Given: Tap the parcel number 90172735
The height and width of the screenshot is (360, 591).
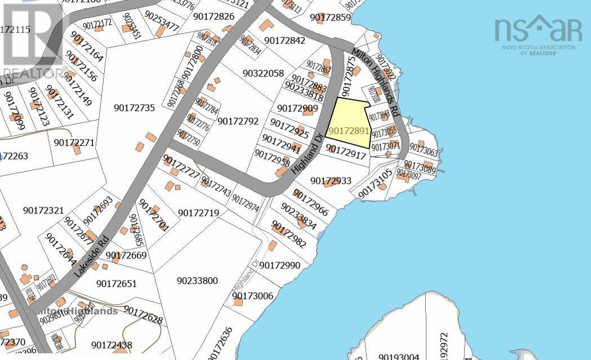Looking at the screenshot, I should (x=134, y=108).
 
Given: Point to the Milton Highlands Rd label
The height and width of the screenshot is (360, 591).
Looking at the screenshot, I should (x=375, y=82).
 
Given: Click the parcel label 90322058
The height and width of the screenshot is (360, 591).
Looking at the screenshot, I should (x=264, y=73).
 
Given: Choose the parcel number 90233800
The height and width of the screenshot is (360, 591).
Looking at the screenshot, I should (x=197, y=281).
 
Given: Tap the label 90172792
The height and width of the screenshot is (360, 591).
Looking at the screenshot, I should (x=238, y=121).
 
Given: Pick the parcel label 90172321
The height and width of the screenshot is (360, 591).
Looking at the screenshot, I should (x=44, y=210).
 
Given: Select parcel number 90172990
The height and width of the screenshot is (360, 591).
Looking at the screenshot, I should (x=280, y=265).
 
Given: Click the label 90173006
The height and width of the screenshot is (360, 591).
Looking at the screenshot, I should (x=252, y=295).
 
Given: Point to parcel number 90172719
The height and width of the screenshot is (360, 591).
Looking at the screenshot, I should (x=198, y=212).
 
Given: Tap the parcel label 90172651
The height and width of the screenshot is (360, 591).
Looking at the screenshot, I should (x=117, y=283).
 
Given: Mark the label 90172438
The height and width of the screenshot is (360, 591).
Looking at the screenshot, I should (x=112, y=345).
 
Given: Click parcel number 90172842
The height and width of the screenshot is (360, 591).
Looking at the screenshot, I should (x=285, y=40).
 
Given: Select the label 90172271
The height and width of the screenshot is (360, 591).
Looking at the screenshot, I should (x=74, y=143).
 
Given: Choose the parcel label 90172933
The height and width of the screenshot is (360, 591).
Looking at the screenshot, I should (x=331, y=181).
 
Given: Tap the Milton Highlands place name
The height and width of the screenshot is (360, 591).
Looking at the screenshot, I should (x=78, y=311).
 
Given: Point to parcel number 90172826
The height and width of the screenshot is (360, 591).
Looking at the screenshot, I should (x=214, y=16).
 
